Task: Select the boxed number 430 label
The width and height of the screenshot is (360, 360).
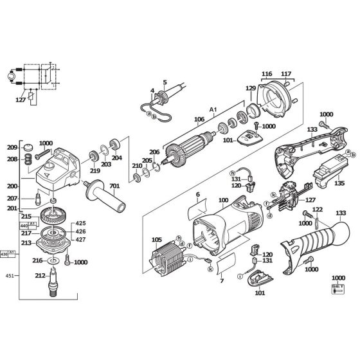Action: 7,254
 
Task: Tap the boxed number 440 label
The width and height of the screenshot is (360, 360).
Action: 26,226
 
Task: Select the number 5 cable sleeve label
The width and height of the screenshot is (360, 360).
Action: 165,82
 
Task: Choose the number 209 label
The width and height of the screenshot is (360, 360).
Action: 12,147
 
